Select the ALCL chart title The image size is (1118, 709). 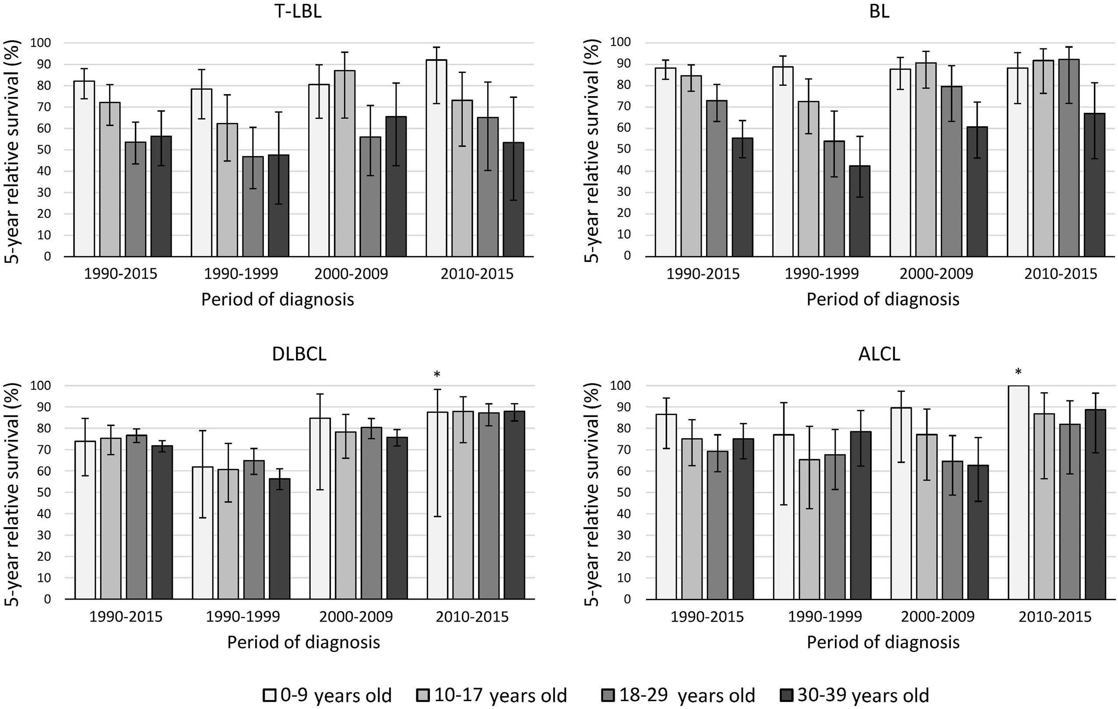879,354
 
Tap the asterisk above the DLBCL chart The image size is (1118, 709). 436,374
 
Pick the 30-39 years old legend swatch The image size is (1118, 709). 787,695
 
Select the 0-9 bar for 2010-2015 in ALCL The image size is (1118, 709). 1019,492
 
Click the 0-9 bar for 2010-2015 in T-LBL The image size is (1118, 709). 436,158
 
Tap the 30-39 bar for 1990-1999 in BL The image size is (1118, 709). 860,211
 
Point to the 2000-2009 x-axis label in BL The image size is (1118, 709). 936,274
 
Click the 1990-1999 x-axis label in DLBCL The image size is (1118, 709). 243,617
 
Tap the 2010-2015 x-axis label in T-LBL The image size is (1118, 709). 477,274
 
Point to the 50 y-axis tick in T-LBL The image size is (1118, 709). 44,150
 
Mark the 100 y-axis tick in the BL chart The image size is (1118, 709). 620,42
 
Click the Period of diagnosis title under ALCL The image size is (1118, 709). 883,642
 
